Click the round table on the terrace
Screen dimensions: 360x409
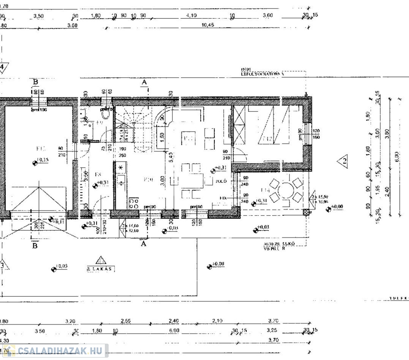[287, 191]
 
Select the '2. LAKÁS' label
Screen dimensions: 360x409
[99, 269]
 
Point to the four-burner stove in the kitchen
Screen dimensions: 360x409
[133, 203]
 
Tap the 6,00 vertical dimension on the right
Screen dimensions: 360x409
[396, 155]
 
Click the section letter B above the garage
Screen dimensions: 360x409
[36, 82]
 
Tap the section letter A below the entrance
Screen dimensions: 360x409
[144, 243]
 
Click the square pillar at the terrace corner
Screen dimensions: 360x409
[307, 212]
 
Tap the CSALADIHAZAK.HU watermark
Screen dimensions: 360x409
[56, 351]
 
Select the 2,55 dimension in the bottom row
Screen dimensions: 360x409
[126, 322]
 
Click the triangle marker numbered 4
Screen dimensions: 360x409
[3, 67]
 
